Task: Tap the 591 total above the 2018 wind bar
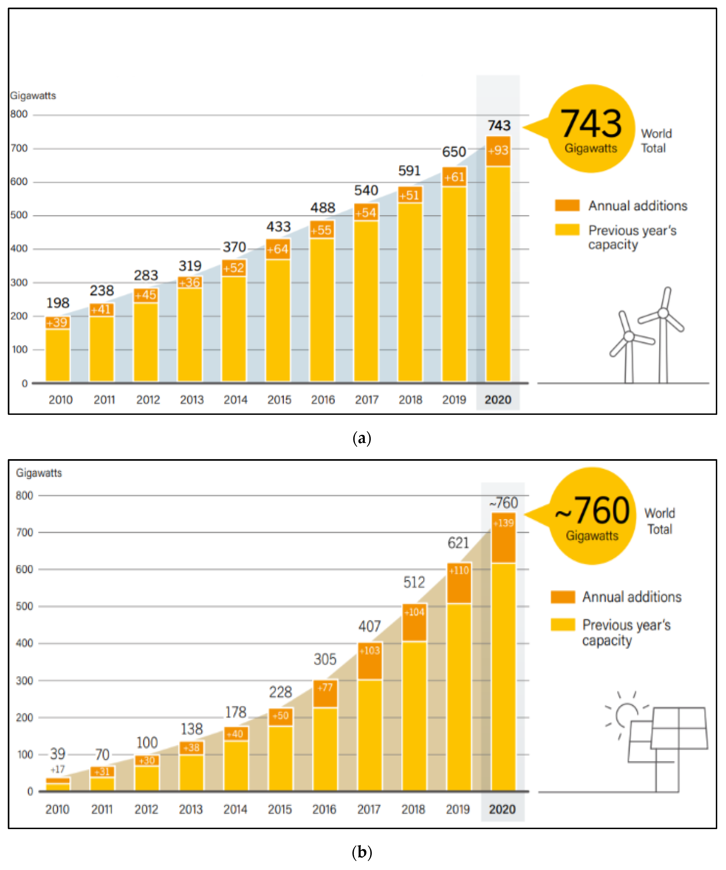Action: coord(409,171)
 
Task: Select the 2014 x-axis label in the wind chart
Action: coord(235,400)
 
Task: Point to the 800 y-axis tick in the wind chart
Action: coord(19,114)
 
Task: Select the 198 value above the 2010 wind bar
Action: coord(58,303)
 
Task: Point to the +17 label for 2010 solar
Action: coord(58,769)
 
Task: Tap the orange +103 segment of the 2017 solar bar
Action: coord(369,661)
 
